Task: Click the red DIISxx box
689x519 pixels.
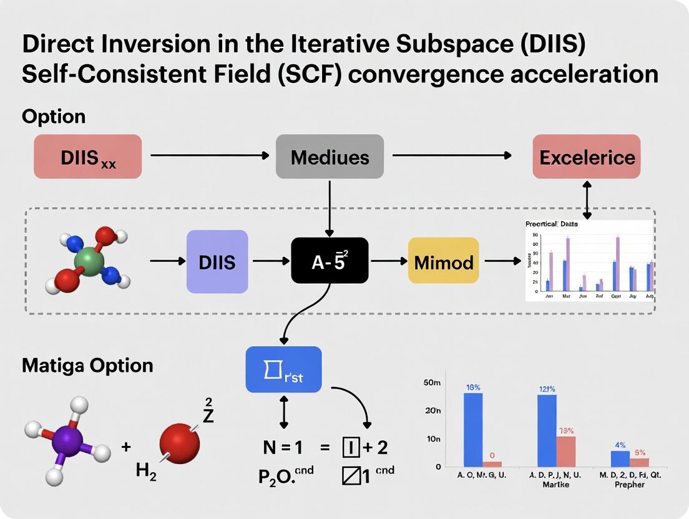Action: [x=87, y=157]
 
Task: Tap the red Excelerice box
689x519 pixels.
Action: [x=587, y=157]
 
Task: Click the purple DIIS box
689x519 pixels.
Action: [x=217, y=261]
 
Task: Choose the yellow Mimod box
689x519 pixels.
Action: [x=444, y=261]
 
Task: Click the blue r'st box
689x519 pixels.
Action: [x=283, y=369]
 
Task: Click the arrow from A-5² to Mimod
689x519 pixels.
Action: [x=388, y=261]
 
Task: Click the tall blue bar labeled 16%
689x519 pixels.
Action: [x=473, y=429]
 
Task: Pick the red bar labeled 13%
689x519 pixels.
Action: [x=566, y=451]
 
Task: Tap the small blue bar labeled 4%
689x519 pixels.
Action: [x=620, y=458]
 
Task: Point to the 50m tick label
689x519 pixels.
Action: [x=432, y=382]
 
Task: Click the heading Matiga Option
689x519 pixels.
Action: [x=87, y=365]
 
